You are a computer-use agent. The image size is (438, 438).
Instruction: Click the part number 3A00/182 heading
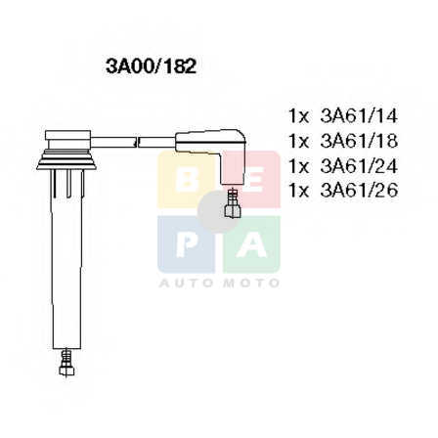[151, 66]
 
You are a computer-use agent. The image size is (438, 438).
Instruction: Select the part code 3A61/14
[359, 115]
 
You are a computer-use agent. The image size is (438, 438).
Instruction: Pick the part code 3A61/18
[359, 141]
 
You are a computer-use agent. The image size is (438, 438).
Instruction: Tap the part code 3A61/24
[359, 166]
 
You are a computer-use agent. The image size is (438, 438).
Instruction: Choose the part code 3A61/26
[359, 190]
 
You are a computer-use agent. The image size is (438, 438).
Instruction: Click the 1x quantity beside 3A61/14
[298, 116]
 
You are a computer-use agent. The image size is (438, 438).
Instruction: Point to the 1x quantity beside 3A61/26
[298, 191]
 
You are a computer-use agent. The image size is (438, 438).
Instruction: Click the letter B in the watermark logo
[186, 180]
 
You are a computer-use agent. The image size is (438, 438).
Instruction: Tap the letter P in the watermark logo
[187, 244]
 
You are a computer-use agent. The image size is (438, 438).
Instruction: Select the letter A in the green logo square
[251, 244]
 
